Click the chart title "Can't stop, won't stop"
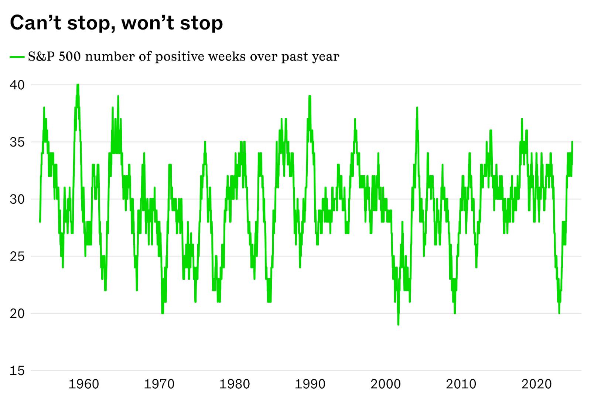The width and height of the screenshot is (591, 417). click(x=116, y=23)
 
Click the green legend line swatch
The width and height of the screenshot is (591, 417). click(x=17, y=57)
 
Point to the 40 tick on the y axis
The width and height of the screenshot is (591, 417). click(x=17, y=85)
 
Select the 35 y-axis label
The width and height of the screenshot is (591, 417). click(x=17, y=142)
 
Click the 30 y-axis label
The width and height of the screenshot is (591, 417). click(x=17, y=199)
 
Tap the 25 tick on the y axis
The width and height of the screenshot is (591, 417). click(x=17, y=256)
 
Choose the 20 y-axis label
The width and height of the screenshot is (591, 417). click(x=17, y=314)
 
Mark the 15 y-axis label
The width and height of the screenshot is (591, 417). click(x=17, y=371)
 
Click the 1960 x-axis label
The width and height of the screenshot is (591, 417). click(x=84, y=384)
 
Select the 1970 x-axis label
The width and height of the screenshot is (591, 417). click(x=159, y=384)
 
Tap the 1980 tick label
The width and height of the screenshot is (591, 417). click(x=235, y=384)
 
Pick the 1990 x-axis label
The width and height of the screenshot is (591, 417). click(x=310, y=384)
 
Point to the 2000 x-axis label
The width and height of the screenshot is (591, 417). click(x=385, y=384)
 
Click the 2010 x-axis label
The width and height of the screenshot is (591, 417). click(x=461, y=384)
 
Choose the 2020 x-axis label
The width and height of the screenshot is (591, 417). click(x=536, y=384)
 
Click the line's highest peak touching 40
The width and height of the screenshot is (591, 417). click(x=78, y=85)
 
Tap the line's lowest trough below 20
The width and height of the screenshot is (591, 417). click(x=398, y=324)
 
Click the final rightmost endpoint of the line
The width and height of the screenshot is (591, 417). click(x=572, y=142)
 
